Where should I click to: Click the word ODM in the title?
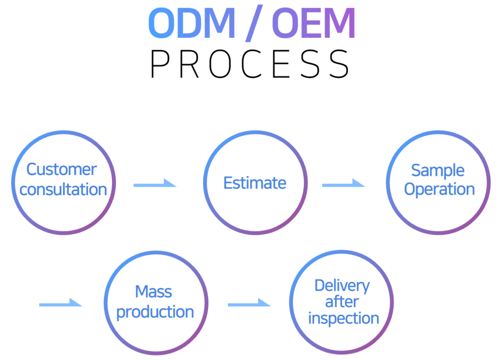(x=192, y=23)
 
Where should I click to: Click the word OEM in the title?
(x=313, y=23)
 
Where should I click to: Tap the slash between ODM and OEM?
(x=254, y=23)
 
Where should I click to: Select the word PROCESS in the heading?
(x=250, y=64)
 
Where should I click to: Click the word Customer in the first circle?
(x=61, y=169)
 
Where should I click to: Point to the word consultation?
(x=63, y=189)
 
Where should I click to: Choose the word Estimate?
(x=255, y=183)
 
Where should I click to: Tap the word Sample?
(x=438, y=171)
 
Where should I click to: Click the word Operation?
(x=439, y=189)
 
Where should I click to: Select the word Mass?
(x=154, y=292)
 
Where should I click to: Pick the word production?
(x=155, y=312)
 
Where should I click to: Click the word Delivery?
(x=342, y=286)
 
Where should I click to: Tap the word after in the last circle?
(x=342, y=302)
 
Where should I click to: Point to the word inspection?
(x=344, y=318)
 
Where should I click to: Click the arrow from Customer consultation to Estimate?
(x=155, y=183)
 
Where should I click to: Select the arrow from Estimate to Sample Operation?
(x=344, y=183)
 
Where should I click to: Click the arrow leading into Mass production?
(x=61, y=303)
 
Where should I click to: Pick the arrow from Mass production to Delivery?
(x=249, y=303)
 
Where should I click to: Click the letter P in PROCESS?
(x=160, y=64)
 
